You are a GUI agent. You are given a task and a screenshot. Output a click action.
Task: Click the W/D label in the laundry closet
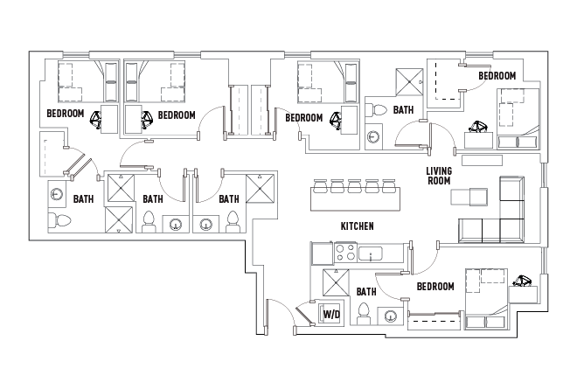pos(331,315)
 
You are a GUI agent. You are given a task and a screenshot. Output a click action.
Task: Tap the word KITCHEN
pos(357,226)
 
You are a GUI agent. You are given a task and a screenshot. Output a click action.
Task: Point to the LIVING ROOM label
pos(439,176)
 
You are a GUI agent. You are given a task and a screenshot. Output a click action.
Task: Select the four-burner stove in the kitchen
pos(346,253)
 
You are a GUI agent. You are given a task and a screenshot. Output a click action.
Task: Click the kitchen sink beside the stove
pos(371,254)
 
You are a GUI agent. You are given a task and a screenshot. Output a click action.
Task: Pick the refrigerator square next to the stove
pos(323,253)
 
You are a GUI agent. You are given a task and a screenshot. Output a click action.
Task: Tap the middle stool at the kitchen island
pos(355,186)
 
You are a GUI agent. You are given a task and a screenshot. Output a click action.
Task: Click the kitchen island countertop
pos(356,199)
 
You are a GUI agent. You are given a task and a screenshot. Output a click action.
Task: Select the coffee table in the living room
pos(469,197)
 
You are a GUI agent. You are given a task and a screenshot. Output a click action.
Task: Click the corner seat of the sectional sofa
pos(511,231)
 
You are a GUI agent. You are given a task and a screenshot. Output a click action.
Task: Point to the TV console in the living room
pos(482,160)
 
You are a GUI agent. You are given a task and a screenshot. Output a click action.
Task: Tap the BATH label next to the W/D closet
pos(366,292)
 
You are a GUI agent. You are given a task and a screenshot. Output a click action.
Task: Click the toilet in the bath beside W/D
pos(364,314)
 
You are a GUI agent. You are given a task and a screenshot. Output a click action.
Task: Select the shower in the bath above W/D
pos(335,282)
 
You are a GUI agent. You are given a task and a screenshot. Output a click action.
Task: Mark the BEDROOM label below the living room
pos(435,287)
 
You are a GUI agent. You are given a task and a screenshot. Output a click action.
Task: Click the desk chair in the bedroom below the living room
pos(522,281)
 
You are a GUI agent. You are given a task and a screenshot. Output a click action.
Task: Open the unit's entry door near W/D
pos(281,312)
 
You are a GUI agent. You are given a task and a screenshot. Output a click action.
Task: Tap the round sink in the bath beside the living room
pos(373,137)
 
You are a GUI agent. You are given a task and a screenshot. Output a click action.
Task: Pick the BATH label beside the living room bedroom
pos(403,110)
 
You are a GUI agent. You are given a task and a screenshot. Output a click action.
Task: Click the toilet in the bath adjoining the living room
pos(376,110)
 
